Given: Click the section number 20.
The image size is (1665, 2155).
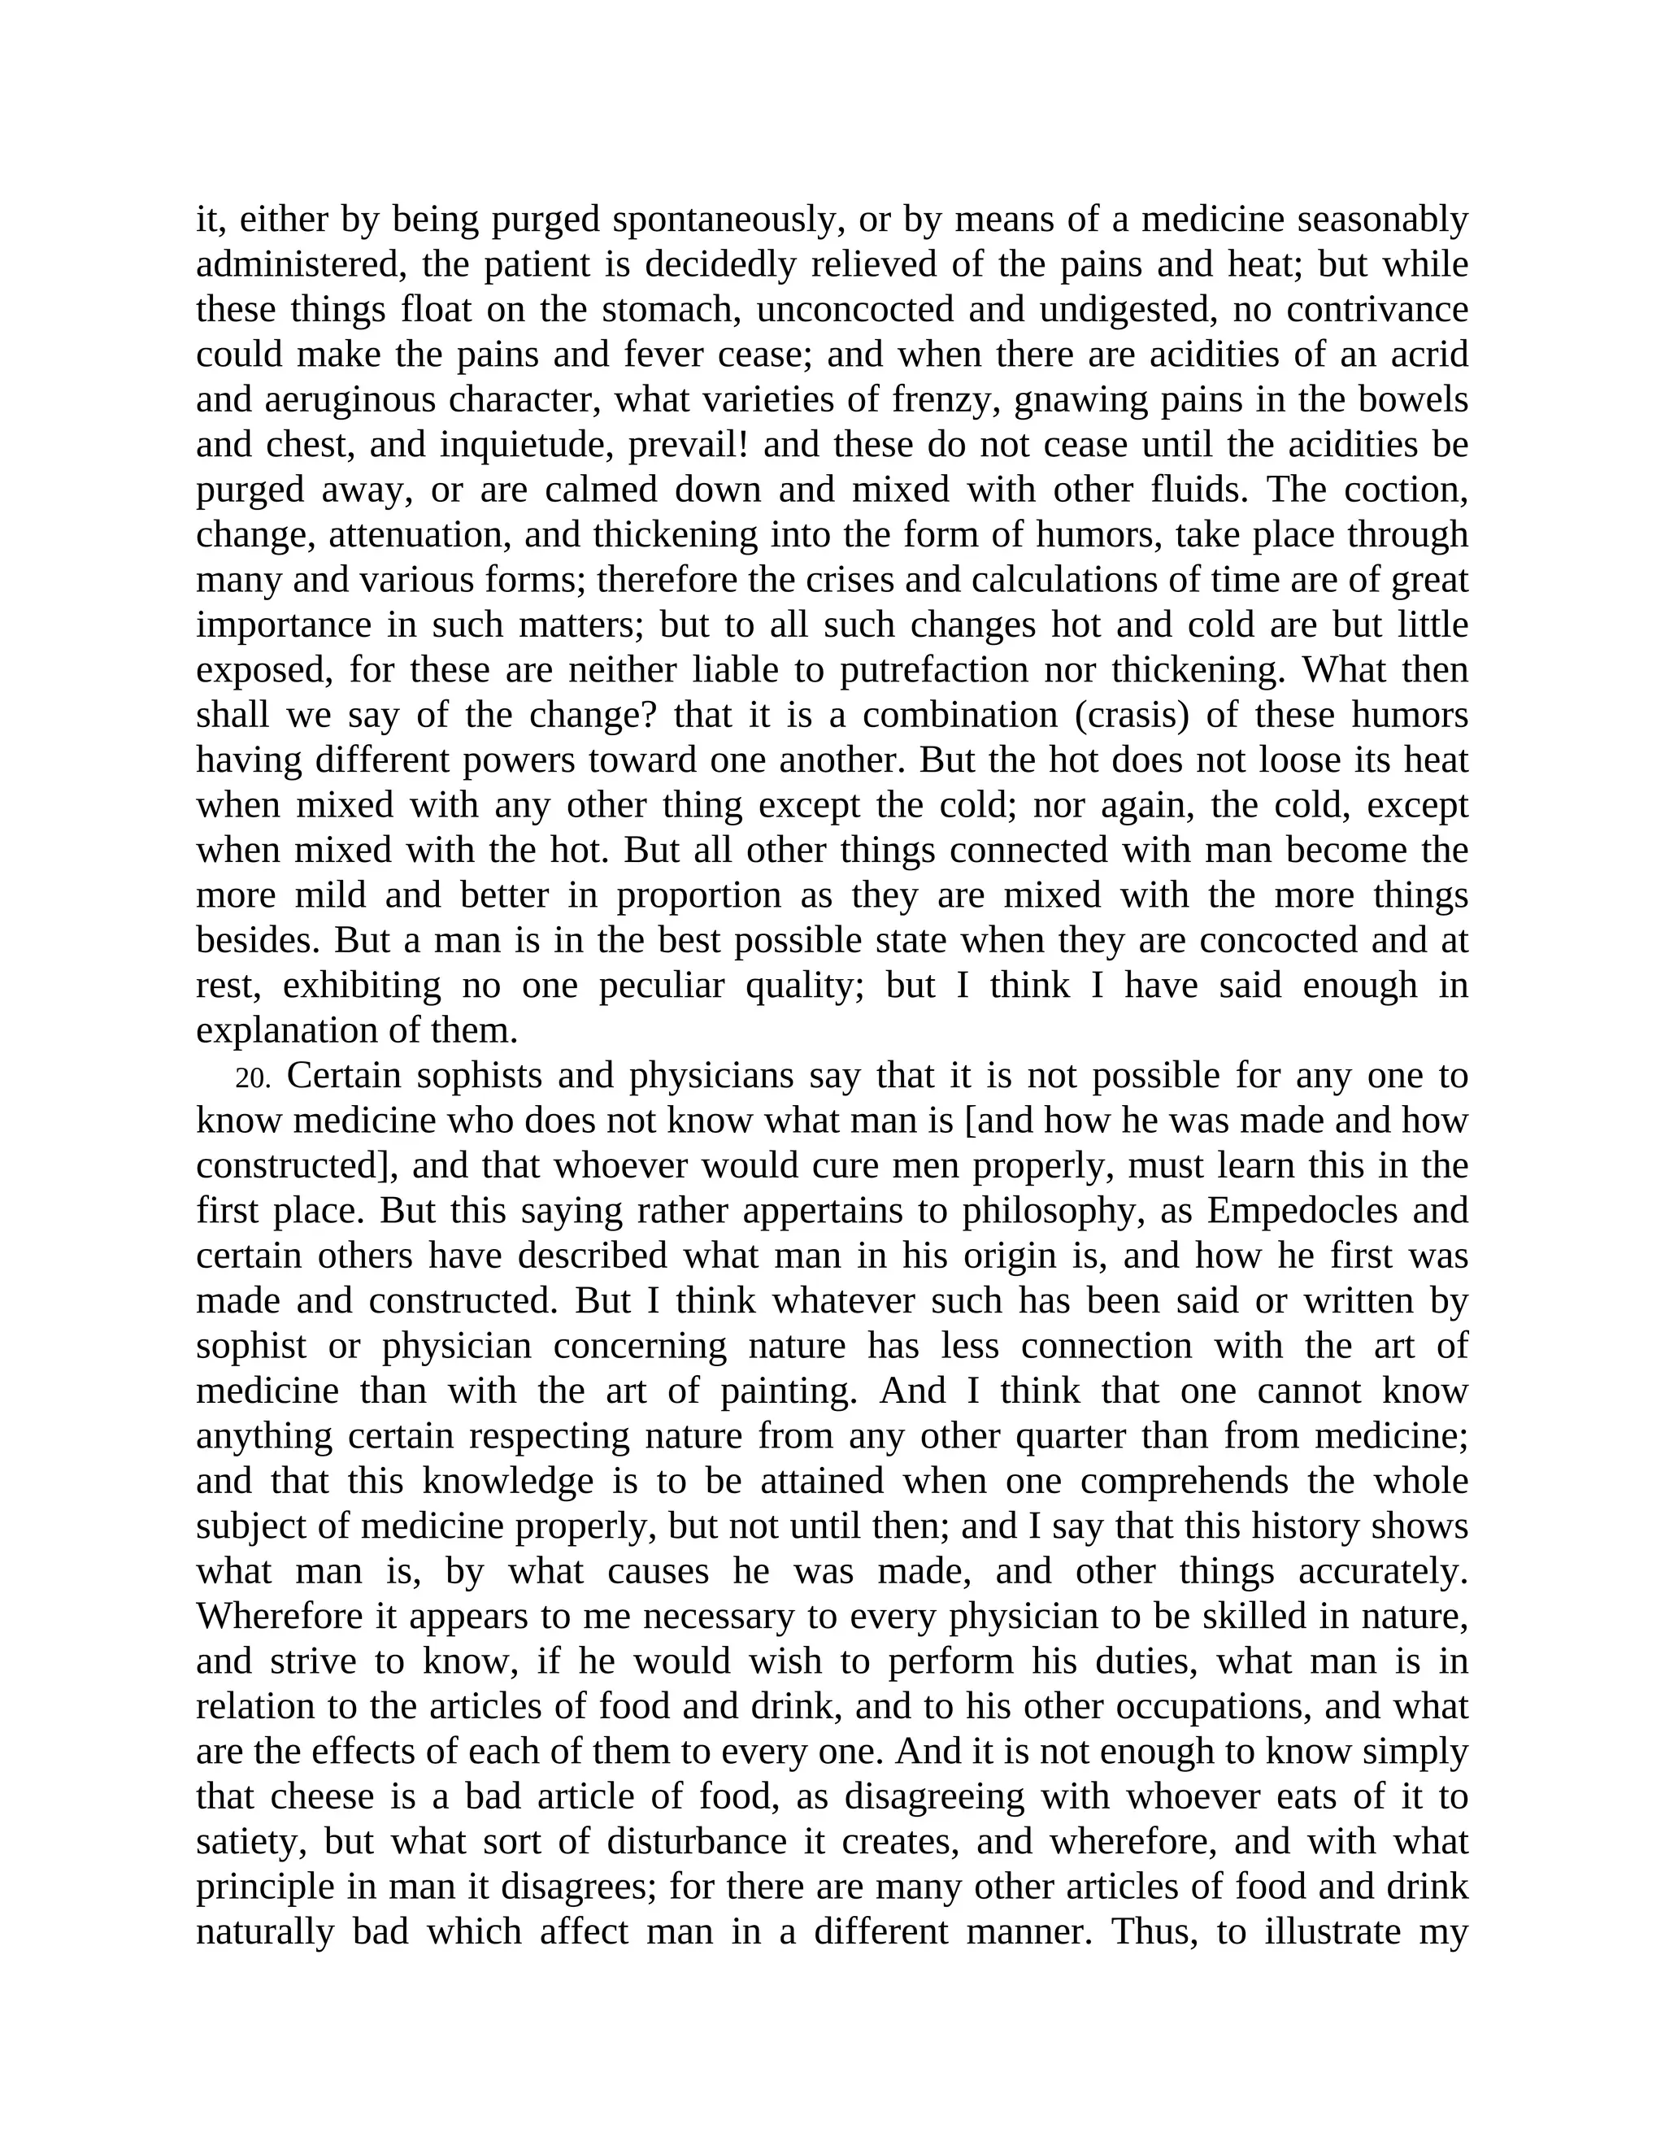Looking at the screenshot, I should [253, 1078].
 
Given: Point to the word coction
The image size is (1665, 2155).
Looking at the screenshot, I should [1407, 490].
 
